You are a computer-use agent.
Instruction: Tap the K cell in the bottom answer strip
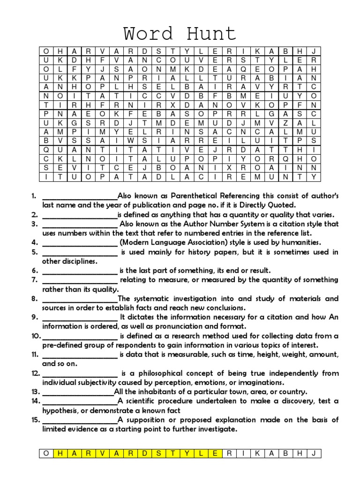(257, 453)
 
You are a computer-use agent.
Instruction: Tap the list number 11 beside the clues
(36, 354)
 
